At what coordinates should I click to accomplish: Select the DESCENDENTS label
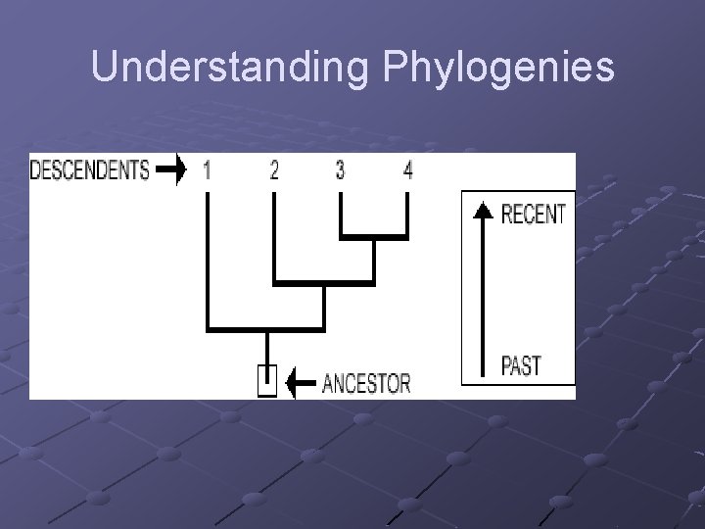90,170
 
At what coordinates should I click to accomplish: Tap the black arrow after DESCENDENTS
171,170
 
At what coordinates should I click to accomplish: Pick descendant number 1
208,170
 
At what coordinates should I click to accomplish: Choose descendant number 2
274,170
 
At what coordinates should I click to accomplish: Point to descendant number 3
340,170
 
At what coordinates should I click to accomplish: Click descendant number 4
407,170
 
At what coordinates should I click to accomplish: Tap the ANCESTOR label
366,382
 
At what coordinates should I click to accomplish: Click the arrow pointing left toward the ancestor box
301,382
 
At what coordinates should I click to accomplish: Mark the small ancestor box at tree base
266,380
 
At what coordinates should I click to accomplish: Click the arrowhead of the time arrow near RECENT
481,210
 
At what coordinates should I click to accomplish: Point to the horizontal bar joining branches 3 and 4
373,237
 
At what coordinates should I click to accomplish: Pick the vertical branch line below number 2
274,235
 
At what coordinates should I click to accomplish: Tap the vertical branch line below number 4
407,214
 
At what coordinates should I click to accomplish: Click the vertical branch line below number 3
340,214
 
